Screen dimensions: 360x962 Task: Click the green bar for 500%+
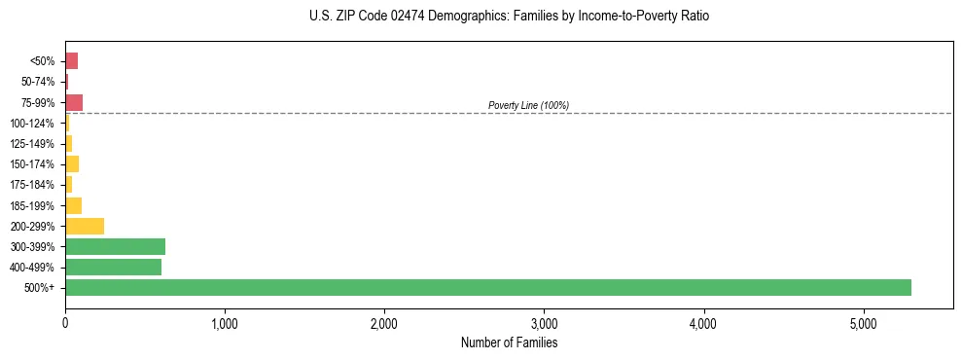(487, 287)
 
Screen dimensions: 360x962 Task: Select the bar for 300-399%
(115, 246)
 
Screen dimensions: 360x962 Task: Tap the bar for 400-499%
(113, 267)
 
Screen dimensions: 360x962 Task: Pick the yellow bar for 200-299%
(85, 226)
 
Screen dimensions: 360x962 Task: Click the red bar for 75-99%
(74, 102)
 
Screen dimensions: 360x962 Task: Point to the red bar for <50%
(71, 61)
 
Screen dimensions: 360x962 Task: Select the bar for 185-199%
(73, 205)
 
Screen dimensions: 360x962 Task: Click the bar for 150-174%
(72, 163)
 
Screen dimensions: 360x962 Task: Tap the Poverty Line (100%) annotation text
(528, 105)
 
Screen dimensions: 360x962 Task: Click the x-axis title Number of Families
(509, 342)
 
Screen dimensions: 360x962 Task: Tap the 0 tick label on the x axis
(65, 323)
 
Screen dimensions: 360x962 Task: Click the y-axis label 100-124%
(32, 124)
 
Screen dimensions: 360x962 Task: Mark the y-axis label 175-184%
(32, 185)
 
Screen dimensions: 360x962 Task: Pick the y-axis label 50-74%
(37, 82)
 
